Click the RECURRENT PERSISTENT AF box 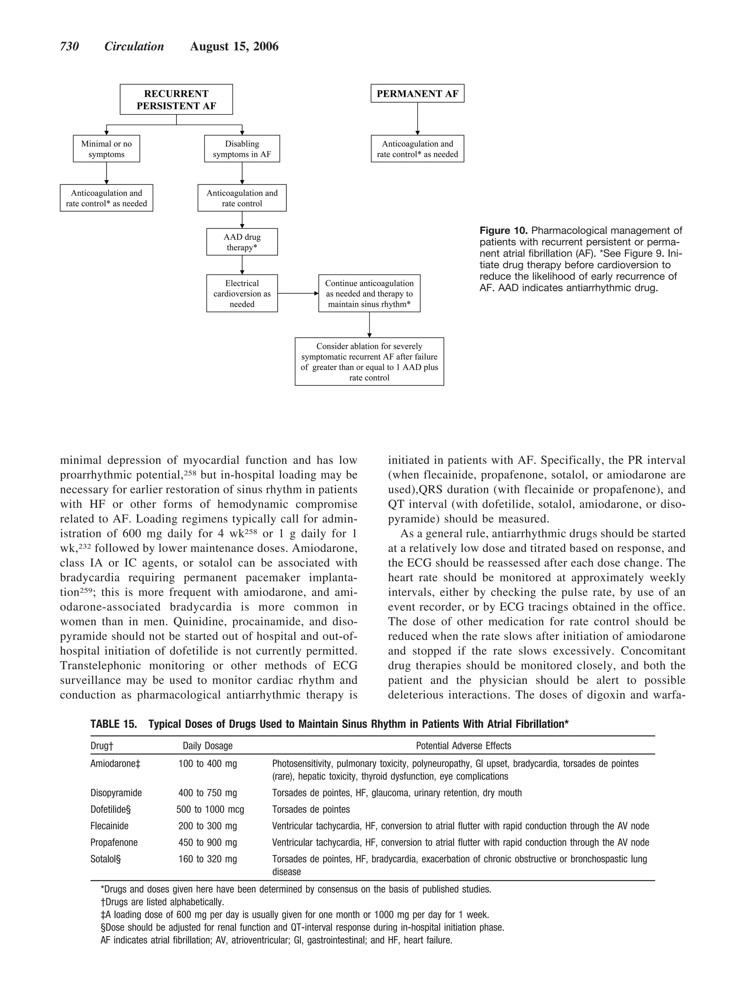[x=176, y=100]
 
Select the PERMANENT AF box [x=417, y=94]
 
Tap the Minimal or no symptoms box [x=106, y=149]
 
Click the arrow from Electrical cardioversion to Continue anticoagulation [x=298, y=293]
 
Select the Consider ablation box [x=369, y=362]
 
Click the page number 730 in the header [x=69, y=47]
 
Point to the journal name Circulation [x=134, y=47]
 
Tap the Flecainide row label [x=109, y=826]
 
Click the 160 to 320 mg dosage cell [x=207, y=859]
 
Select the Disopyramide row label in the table [x=116, y=793]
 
